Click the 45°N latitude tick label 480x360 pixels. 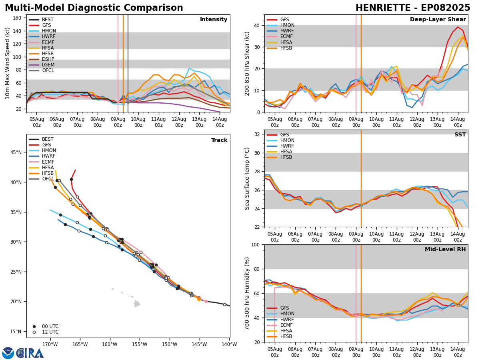pyautogui.click(x=16, y=152)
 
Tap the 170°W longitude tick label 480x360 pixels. pyautogui.click(x=50, y=344)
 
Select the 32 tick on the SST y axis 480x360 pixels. pyautogui.click(x=258, y=134)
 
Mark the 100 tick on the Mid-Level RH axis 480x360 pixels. pyautogui.click(x=256, y=244)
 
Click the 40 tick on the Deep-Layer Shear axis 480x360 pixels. pyautogui.click(x=258, y=25)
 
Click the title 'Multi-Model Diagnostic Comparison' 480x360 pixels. pyautogui.click(x=94, y=8)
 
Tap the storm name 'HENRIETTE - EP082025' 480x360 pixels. pyautogui.click(x=413, y=8)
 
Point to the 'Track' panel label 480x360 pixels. pyautogui.click(x=219, y=140)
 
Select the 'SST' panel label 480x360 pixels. pyautogui.click(x=460, y=135)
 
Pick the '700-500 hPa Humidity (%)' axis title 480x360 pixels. pyautogui.click(x=247, y=293)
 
